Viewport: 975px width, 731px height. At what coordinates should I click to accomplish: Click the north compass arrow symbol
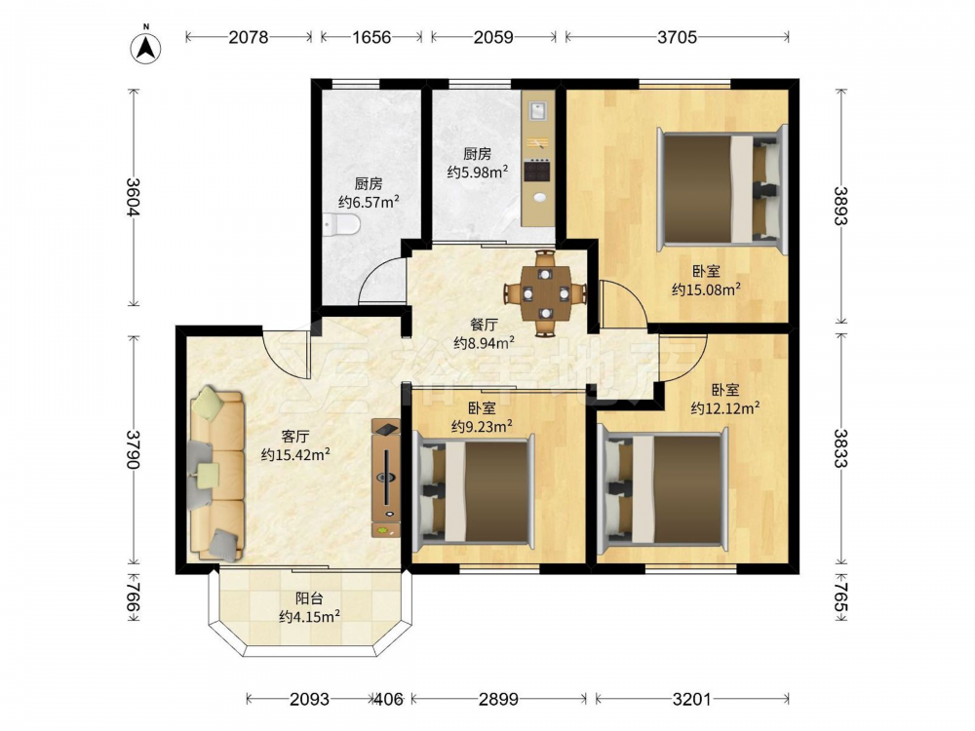(146, 47)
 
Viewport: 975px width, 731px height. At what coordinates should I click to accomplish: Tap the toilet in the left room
(341, 224)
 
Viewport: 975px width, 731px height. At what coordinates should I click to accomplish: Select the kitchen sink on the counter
(537, 111)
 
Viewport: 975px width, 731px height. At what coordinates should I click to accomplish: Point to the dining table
(545, 292)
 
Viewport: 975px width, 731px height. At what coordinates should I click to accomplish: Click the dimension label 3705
(678, 37)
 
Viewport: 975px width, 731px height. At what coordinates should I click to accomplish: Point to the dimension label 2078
(249, 37)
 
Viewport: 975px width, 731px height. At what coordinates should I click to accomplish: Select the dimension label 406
(390, 699)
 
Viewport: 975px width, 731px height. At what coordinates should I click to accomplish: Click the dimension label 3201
(691, 699)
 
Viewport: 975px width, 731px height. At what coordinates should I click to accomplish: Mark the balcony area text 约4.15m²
(309, 617)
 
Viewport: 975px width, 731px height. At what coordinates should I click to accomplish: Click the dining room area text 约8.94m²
(484, 342)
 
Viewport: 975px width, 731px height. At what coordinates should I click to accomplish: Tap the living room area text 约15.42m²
(295, 454)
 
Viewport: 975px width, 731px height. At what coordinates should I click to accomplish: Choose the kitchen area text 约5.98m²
(478, 172)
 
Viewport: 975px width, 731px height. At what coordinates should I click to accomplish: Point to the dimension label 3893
(840, 205)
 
